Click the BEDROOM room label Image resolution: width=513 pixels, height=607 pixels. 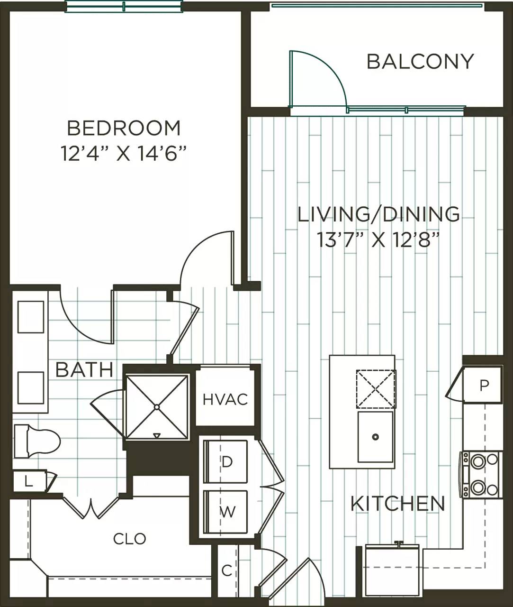pyautogui.click(x=124, y=129)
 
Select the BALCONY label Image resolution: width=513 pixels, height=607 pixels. pyautogui.click(x=420, y=62)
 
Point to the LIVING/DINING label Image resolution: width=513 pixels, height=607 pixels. pyautogui.click(x=378, y=214)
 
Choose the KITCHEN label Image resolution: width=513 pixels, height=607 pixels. pyautogui.click(x=398, y=504)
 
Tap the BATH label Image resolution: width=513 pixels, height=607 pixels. pyautogui.click(x=84, y=370)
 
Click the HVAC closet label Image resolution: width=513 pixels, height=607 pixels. pyautogui.click(x=225, y=399)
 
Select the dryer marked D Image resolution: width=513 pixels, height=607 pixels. pyautogui.click(x=227, y=462)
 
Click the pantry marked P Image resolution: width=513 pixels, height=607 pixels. pyautogui.click(x=484, y=386)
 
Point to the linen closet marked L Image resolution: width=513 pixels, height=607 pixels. pyautogui.click(x=29, y=483)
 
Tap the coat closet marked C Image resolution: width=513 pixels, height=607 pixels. pyautogui.click(x=227, y=570)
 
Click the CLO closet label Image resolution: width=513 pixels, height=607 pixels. pyautogui.click(x=129, y=539)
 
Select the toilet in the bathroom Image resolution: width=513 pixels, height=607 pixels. pyautogui.click(x=37, y=441)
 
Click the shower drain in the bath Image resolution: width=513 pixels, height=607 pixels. pyautogui.click(x=157, y=407)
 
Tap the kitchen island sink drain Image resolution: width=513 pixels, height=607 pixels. pyautogui.click(x=375, y=437)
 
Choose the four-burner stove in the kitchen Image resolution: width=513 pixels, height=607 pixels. pyautogui.click(x=480, y=474)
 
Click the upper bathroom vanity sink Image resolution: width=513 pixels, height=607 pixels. pyautogui.click(x=31, y=317)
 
